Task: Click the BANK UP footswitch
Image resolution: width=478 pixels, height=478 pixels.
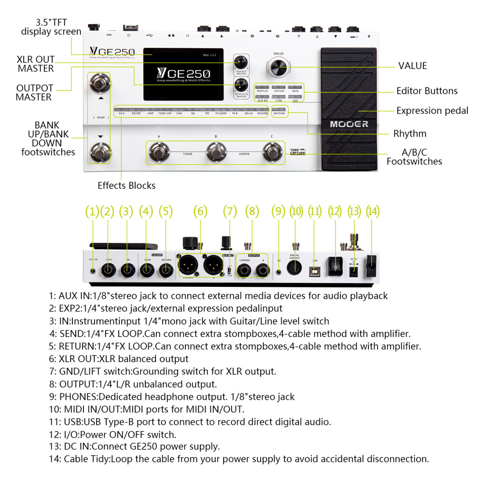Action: [x=100, y=84]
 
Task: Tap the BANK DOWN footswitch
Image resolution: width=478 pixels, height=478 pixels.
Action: [x=100, y=152]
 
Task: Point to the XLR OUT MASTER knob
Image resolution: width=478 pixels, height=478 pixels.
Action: [x=241, y=62]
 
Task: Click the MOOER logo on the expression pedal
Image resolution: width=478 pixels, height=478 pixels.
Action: [x=349, y=124]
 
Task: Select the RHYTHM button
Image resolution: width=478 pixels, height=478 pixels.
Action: [x=280, y=110]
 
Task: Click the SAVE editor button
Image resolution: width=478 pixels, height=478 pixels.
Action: [x=295, y=87]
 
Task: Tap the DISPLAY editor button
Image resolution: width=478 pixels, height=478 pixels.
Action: [x=262, y=87]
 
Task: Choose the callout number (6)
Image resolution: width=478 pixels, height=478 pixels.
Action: [x=200, y=211]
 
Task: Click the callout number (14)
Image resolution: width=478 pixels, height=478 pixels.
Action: [x=373, y=211]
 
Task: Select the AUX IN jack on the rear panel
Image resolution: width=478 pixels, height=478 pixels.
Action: [x=93, y=271]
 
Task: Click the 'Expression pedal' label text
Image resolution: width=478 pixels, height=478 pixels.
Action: [x=432, y=111]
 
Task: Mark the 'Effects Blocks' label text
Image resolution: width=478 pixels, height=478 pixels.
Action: [x=127, y=185]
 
